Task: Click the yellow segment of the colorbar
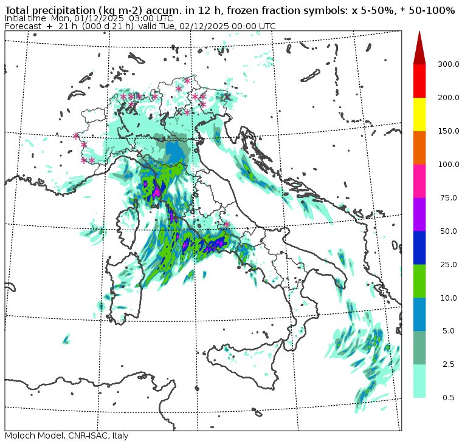point(419,114)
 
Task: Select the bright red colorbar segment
point(419,81)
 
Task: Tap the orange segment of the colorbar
point(419,147)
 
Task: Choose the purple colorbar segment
point(419,214)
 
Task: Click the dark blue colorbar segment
point(419,247)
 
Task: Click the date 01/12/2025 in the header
point(101,19)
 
